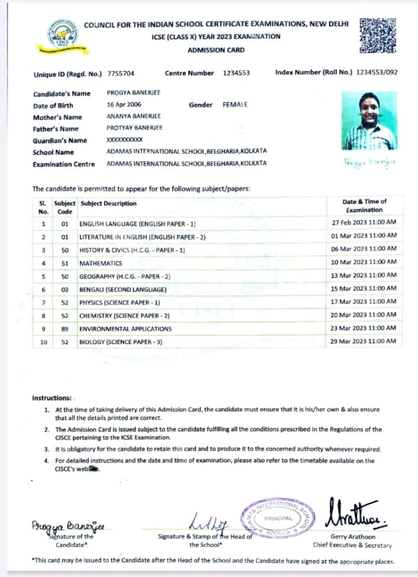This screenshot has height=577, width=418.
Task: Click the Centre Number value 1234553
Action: (236, 73)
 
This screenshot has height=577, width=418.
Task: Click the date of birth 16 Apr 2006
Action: (124, 105)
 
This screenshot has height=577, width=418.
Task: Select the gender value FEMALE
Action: (235, 105)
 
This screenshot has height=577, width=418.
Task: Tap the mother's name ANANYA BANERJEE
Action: (133, 116)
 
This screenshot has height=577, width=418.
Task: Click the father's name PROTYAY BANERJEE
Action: (134, 128)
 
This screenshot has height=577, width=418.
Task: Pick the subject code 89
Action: (65, 329)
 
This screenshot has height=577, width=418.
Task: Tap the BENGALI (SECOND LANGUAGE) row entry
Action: (123, 290)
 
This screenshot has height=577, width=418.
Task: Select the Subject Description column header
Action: (108, 204)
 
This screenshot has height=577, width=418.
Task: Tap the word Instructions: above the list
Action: (52, 398)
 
